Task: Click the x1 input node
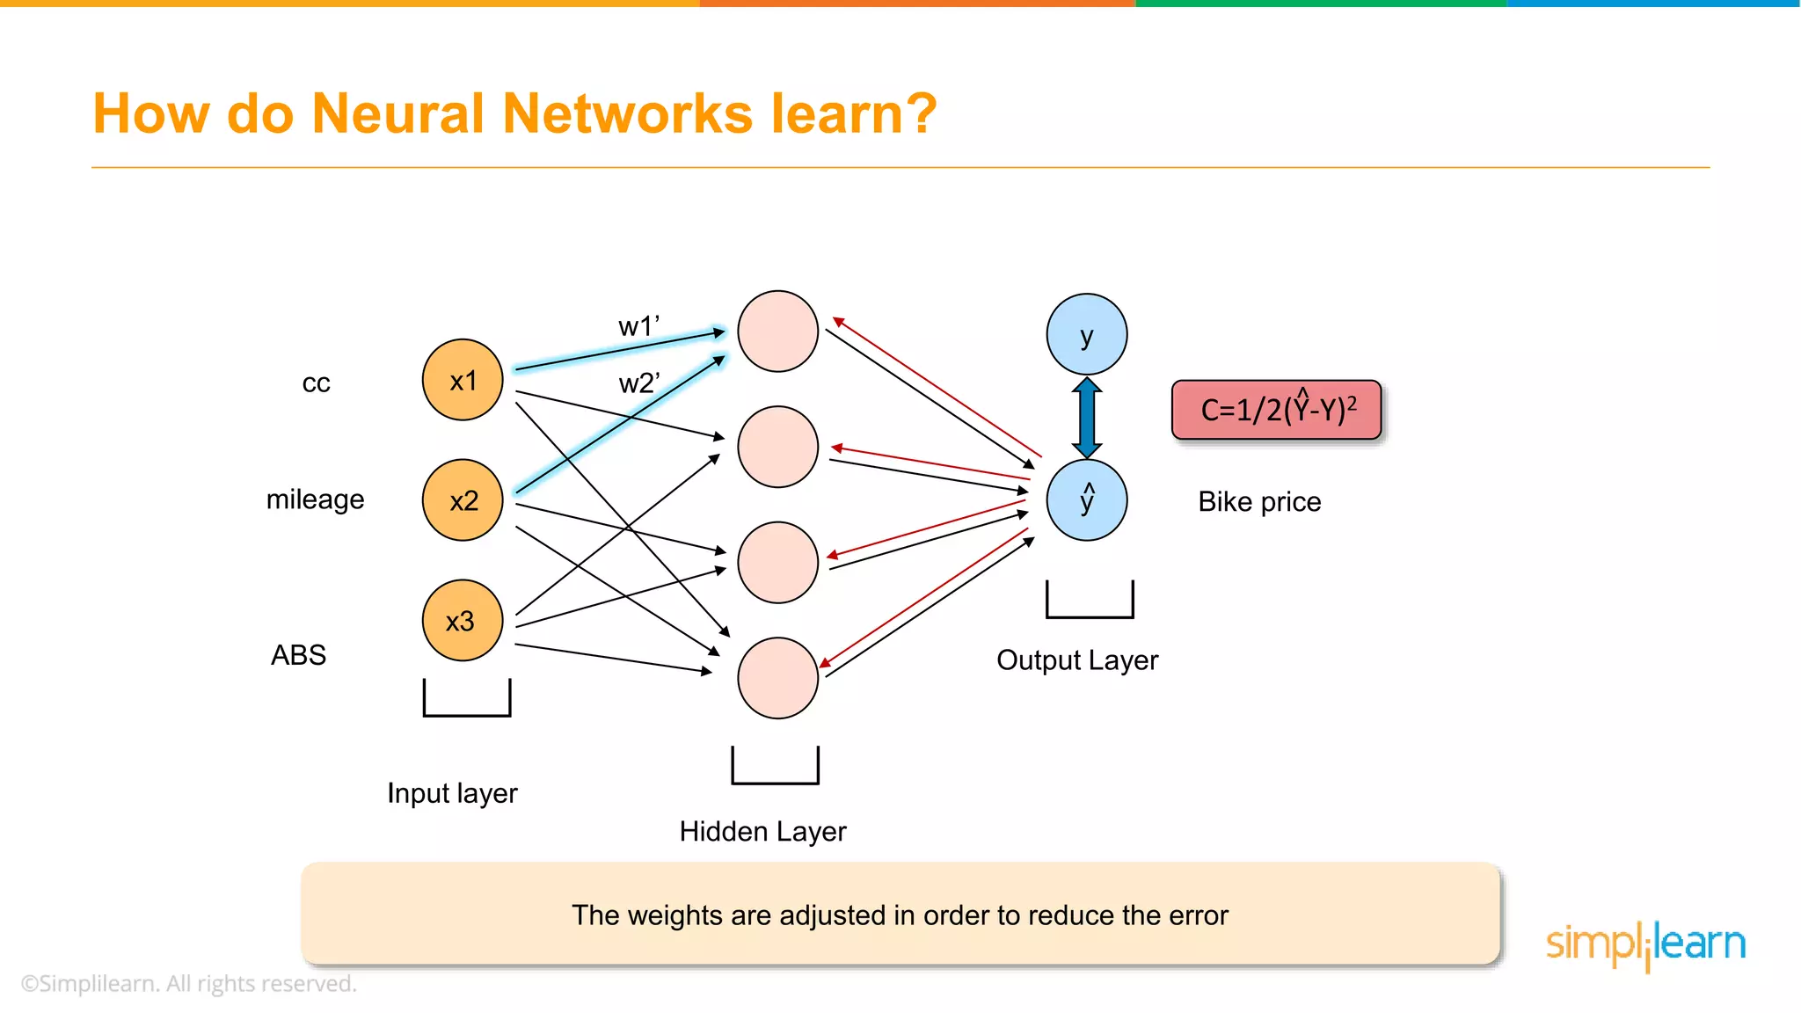pyautogui.click(x=463, y=380)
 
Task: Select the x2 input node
pyautogui.click(x=463, y=500)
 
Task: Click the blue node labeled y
pyautogui.click(x=1087, y=335)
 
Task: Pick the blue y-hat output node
pyautogui.click(x=1087, y=500)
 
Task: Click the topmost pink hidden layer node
pyautogui.click(x=777, y=332)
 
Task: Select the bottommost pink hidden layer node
pyautogui.click(x=777, y=678)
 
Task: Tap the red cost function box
pyautogui.click(x=1277, y=410)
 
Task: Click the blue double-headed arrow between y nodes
pyautogui.click(x=1087, y=418)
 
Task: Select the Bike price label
pyautogui.click(x=1259, y=502)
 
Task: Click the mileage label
pyautogui.click(x=315, y=499)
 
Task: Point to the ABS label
pyautogui.click(x=298, y=655)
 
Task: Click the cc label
pyautogui.click(x=316, y=383)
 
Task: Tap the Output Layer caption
pyautogui.click(x=1077, y=660)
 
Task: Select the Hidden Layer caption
pyautogui.click(x=762, y=832)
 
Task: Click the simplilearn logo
pyautogui.click(x=1645, y=944)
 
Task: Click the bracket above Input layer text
pyautogui.click(x=467, y=700)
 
